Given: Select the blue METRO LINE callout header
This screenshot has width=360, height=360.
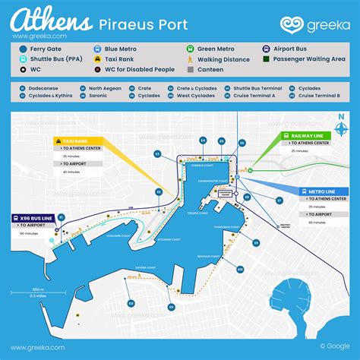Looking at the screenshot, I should click(318, 192).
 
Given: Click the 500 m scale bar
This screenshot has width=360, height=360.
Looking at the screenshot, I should click(37, 293).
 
